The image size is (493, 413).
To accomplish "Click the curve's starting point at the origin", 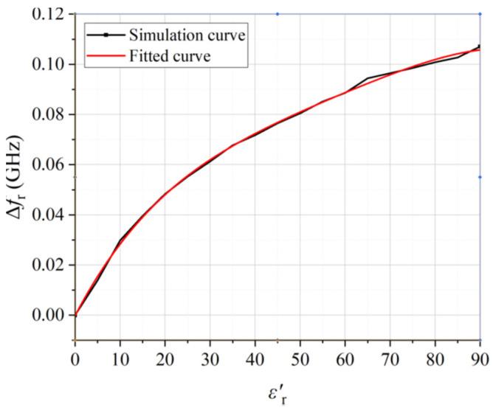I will (x=75, y=315).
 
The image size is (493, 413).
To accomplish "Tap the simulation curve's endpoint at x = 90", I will (x=480, y=46).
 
